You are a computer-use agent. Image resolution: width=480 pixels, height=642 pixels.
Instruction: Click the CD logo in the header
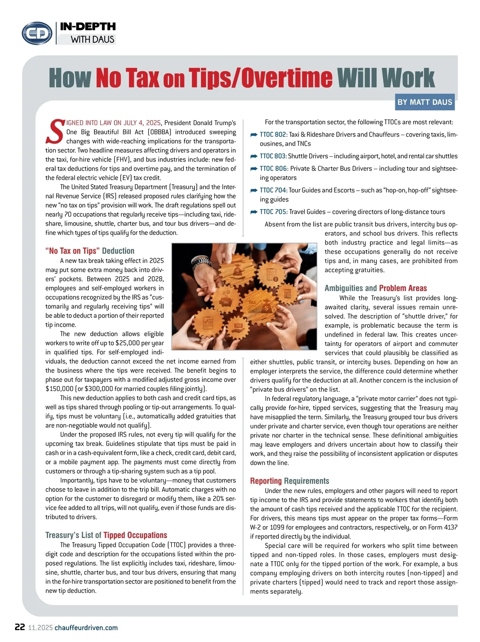37,33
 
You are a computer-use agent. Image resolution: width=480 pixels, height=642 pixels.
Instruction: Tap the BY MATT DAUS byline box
424,102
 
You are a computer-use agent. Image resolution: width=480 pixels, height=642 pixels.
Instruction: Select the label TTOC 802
273,135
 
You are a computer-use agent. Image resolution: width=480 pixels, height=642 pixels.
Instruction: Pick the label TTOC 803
273,156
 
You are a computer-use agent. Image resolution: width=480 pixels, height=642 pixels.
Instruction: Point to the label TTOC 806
274,169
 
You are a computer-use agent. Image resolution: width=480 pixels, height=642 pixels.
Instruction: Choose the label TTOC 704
274,190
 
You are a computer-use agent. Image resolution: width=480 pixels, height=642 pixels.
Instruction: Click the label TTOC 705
274,212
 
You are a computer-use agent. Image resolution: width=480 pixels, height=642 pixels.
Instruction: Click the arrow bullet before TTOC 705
254,212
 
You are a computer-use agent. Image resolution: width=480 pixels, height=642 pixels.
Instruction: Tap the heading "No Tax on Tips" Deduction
90,251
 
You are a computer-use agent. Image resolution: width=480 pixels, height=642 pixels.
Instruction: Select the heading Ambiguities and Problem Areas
375,288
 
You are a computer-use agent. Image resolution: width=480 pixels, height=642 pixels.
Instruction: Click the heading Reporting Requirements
289,481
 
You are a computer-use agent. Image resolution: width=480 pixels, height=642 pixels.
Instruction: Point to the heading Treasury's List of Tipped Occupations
106,535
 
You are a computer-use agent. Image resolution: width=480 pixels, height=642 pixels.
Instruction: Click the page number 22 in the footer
20,627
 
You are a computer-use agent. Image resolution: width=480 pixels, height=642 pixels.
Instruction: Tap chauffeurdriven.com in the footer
86,628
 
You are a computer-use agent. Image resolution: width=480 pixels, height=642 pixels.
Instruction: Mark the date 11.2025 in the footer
40,628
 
